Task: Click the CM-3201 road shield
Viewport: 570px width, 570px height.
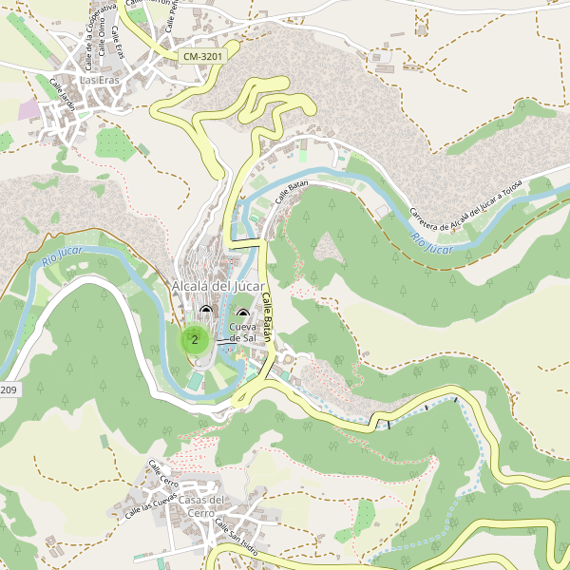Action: pyautogui.click(x=202, y=57)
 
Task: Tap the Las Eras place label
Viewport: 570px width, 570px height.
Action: pyautogui.click(x=100, y=81)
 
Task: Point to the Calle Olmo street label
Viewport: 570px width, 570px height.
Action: pyautogui.click(x=101, y=40)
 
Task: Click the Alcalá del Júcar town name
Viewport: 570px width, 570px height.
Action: pyautogui.click(x=218, y=287)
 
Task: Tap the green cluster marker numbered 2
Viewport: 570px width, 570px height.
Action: pyautogui.click(x=195, y=339)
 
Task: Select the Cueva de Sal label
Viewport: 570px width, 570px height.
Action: pyautogui.click(x=243, y=332)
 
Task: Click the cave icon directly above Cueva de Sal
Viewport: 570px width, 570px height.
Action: pyautogui.click(x=242, y=314)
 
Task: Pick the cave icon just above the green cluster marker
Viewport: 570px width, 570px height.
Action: pyautogui.click(x=205, y=310)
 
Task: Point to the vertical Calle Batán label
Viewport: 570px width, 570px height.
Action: pyautogui.click(x=267, y=317)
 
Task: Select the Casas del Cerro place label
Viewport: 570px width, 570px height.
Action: pyautogui.click(x=202, y=506)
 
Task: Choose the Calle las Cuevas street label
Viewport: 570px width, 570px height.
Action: pyautogui.click(x=151, y=505)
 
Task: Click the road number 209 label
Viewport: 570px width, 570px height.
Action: pyautogui.click(x=8, y=390)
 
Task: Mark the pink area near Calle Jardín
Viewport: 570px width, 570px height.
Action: pyautogui.click(x=29, y=109)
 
